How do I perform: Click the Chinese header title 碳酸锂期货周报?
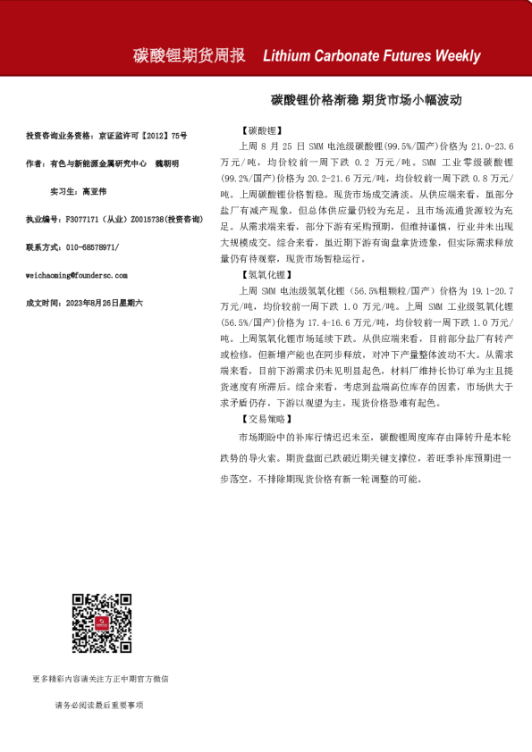(x=188, y=55)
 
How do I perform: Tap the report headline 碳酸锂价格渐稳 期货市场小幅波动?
(x=367, y=102)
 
